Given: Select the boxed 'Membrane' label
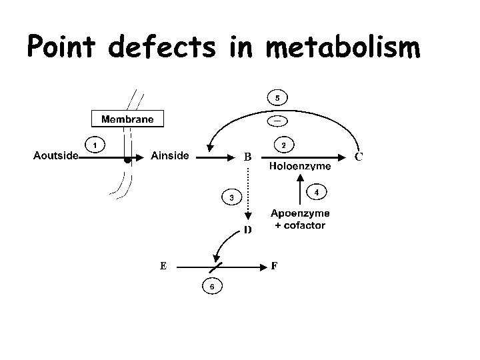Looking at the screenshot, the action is point(127,119).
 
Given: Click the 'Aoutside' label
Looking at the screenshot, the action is point(56,157).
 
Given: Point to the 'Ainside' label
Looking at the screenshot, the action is point(170,157).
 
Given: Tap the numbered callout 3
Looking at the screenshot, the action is point(231,197).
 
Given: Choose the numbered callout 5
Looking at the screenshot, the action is point(277,98).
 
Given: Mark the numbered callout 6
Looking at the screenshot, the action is point(212,287).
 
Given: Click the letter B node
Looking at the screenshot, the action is point(247,158).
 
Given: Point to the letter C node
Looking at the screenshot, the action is point(359,158).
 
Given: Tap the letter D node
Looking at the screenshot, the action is point(247,231).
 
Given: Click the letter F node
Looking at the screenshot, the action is point(274,265).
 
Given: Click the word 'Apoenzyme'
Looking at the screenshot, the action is point(299,214).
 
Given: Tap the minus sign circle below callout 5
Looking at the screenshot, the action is point(277,120).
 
